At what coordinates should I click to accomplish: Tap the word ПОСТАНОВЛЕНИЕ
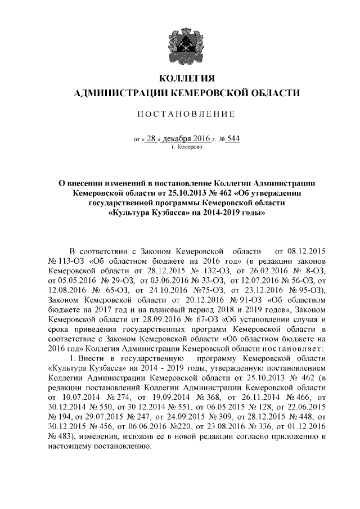[180, 114]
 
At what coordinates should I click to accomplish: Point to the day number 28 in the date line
[150, 138]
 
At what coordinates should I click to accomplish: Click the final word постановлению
[119, 451]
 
